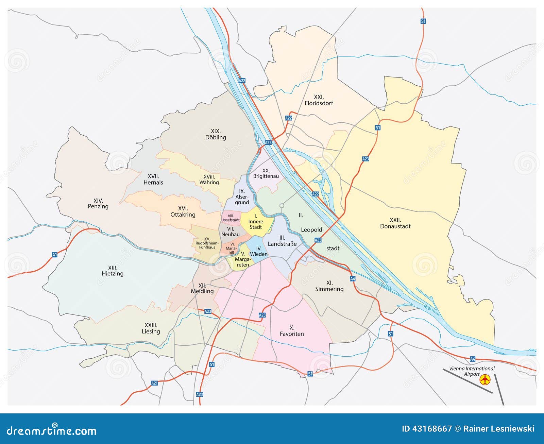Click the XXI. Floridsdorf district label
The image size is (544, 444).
[x=319, y=100]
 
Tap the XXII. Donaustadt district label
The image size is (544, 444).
[x=395, y=223]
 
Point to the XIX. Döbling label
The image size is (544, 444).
[x=216, y=134]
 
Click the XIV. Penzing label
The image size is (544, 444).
[x=98, y=203]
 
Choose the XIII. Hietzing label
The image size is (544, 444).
[x=113, y=271]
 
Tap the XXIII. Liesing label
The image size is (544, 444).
[x=151, y=328]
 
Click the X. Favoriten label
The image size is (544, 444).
[x=292, y=330]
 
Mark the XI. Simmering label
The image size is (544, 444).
[x=329, y=286]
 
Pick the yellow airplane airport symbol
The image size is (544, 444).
[x=485, y=379]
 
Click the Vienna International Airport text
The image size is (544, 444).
[x=472, y=371]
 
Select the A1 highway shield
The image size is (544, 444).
[x=54, y=254]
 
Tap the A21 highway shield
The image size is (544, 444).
[x=154, y=383]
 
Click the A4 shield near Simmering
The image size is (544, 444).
[x=353, y=279]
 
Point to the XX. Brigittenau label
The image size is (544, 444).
[x=266, y=173]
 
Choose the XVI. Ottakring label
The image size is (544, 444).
[x=183, y=211]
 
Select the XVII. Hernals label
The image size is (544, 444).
[x=153, y=179]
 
